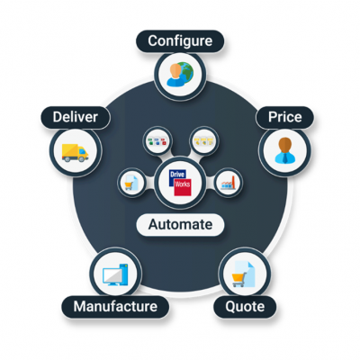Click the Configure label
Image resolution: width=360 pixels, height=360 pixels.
(x=180, y=41)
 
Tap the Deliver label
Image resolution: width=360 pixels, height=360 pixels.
(x=76, y=117)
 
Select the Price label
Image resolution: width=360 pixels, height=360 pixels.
(x=284, y=117)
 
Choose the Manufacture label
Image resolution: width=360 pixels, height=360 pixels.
(x=115, y=307)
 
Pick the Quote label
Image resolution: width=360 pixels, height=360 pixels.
(x=245, y=307)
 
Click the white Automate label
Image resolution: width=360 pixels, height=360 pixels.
(x=180, y=225)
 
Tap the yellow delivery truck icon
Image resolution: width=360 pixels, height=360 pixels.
(x=75, y=153)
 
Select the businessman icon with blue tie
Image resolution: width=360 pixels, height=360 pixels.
(x=284, y=150)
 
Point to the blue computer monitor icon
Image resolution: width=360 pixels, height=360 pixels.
(x=113, y=276)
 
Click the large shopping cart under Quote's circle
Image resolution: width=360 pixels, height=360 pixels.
(x=238, y=279)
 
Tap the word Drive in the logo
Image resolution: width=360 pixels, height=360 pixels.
(x=177, y=175)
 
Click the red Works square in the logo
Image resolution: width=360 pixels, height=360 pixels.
(x=183, y=187)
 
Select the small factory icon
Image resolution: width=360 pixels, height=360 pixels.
(x=229, y=183)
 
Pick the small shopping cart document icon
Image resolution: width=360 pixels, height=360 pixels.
(x=130, y=183)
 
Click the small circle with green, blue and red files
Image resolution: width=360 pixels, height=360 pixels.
(x=157, y=140)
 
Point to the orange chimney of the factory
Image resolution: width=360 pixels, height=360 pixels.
(x=233, y=181)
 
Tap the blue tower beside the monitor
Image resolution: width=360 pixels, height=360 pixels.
(x=124, y=274)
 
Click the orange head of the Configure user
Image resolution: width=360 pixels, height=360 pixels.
(x=175, y=71)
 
